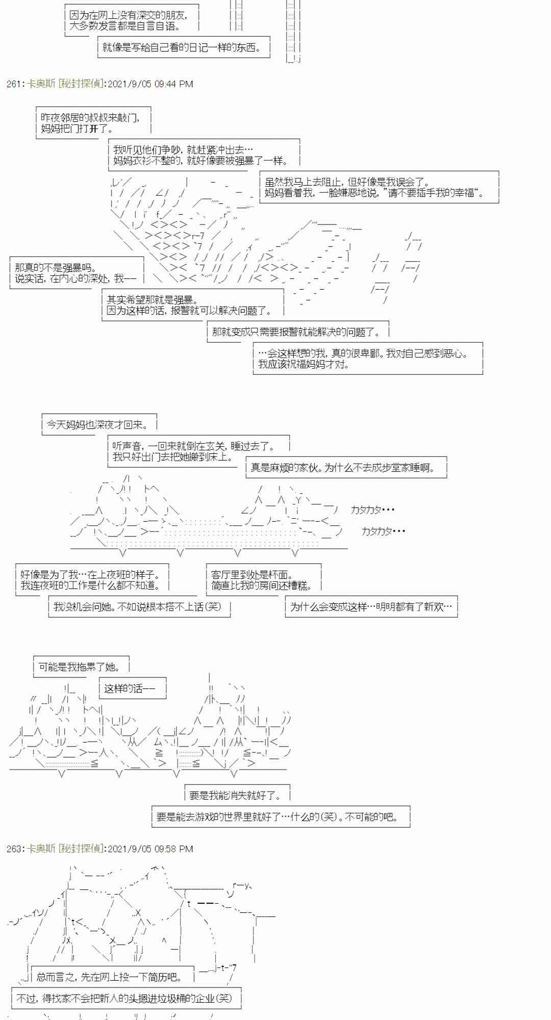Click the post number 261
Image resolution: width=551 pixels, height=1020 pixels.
pyautogui.click(x=13, y=84)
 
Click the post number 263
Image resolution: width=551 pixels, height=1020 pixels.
pyautogui.click(x=13, y=849)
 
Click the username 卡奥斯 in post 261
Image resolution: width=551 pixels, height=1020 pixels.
pyautogui.click(x=41, y=84)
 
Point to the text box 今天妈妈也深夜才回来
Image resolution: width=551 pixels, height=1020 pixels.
pyautogui.click(x=97, y=424)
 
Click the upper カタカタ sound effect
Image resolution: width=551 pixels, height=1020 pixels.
pyautogui.click(x=372, y=510)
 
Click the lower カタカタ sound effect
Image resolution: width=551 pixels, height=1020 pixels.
pyautogui.click(x=383, y=531)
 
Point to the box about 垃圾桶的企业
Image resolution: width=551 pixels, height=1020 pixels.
pyautogui.click(x=124, y=999)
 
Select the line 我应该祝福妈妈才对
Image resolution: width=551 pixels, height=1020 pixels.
pyautogui.click(x=304, y=364)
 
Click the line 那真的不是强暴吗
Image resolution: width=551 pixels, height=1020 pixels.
pyautogui.click(x=56, y=268)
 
